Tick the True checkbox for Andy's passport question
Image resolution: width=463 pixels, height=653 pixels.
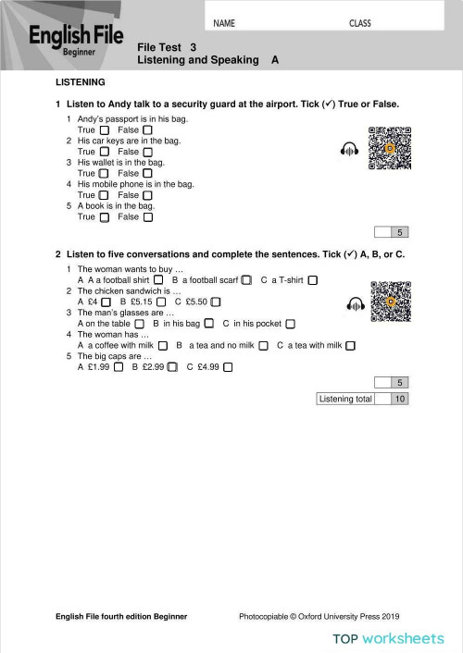104,129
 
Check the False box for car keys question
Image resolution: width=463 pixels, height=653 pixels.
147,152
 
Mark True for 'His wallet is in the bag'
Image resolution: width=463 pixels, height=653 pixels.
104,173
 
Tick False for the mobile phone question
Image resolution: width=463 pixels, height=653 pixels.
147,195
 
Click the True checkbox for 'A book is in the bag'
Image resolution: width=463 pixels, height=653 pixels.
104,217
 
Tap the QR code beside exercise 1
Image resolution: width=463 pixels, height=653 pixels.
389,148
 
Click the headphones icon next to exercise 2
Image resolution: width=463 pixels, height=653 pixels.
355,302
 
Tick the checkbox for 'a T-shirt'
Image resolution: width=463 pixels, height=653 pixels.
313,279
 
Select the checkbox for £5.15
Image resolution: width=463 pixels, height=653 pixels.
162,302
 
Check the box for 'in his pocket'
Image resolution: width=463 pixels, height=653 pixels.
290,324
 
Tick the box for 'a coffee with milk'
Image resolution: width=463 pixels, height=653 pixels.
163,346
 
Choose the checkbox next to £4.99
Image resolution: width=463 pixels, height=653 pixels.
228,367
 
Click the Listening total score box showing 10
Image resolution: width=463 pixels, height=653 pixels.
399,399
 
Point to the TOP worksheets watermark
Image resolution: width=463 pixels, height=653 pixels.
389,638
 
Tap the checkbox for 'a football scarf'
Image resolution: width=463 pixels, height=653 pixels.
246,279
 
